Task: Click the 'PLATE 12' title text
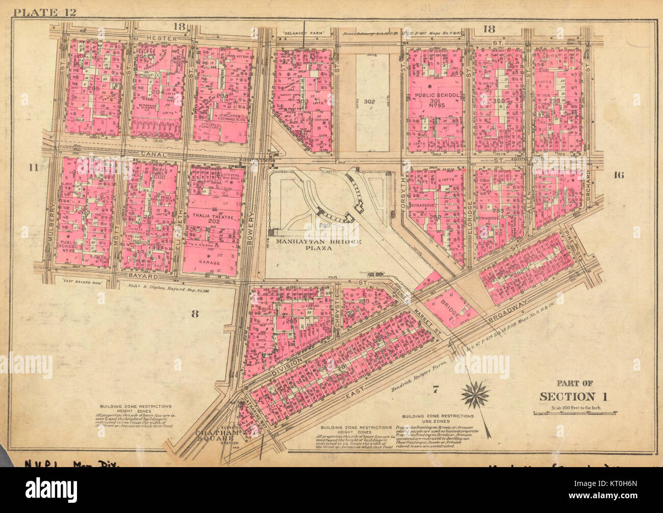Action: click(x=45, y=13)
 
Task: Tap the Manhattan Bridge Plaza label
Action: click(x=319, y=245)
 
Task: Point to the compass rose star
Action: click(x=475, y=394)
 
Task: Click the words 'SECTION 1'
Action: click(x=568, y=396)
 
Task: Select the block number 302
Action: click(x=369, y=102)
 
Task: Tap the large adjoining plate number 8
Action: click(x=194, y=314)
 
